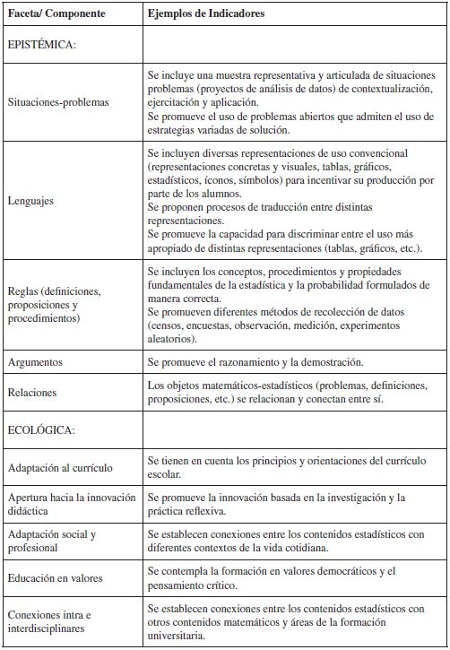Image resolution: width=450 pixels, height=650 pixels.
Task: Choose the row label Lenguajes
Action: pyautogui.click(x=30, y=201)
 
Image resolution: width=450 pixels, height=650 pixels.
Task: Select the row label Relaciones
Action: pyautogui.click(x=32, y=392)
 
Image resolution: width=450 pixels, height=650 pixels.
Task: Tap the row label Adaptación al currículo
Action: pyautogui.click(x=59, y=467)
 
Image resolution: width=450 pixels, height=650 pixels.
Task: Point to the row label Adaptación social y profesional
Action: pyautogui.click(x=51, y=541)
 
